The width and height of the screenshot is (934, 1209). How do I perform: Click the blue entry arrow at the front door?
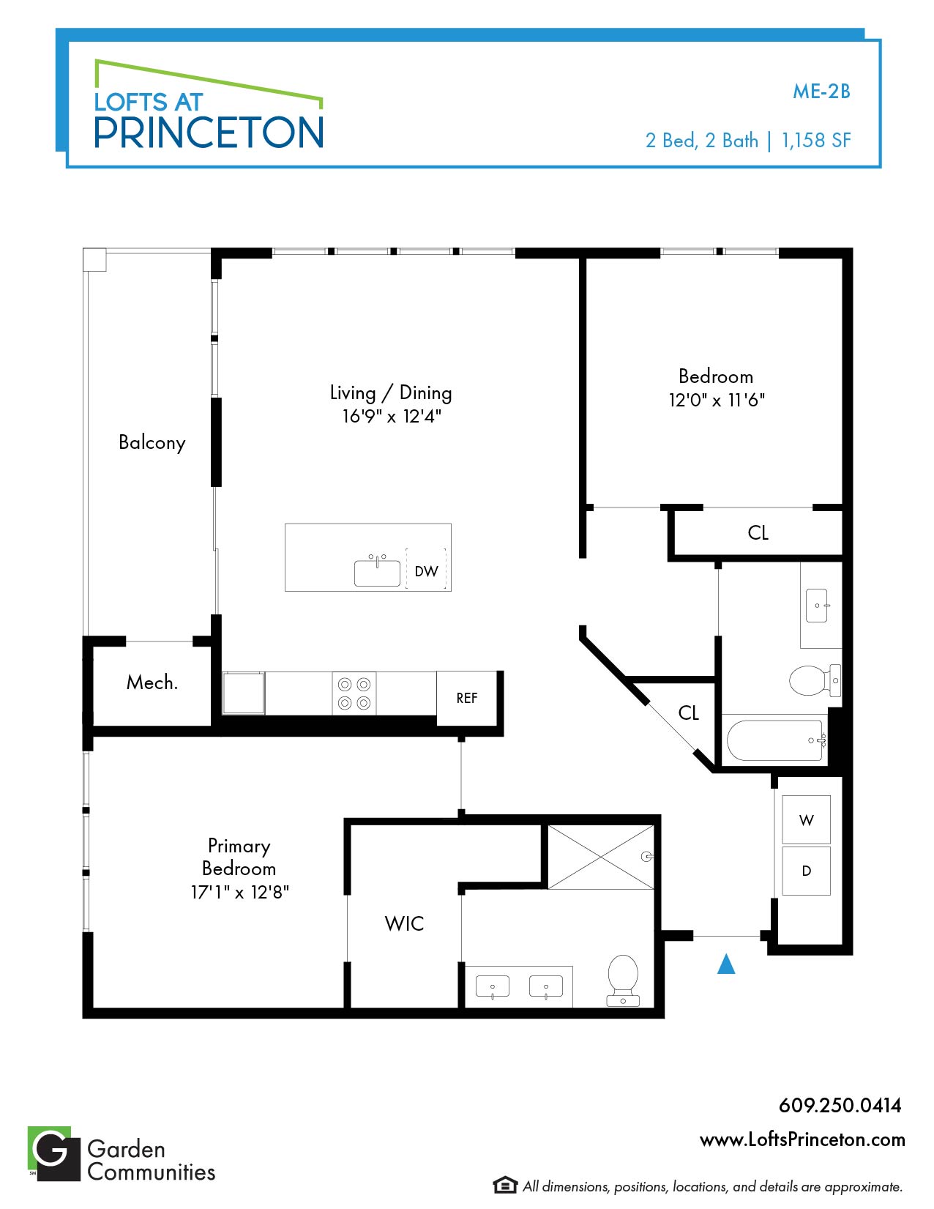coord(726,964)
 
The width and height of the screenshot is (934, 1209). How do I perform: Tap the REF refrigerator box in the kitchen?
coord(466,699)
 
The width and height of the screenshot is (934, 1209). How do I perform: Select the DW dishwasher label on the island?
coord(427,571)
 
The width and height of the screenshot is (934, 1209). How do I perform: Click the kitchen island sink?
coord(377,571)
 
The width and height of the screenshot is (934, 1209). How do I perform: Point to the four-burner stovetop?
coord(354,693)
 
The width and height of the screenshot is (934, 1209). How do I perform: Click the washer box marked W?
coord(806,819)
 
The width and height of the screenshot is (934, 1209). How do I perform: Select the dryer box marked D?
coord(806,871)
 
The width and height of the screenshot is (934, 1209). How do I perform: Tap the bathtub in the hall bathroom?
coord(776,740)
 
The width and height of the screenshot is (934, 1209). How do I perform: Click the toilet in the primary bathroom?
coord(623,981)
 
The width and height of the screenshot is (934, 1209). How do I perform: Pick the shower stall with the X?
coord(601,858)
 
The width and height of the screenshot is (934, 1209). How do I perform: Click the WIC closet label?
coord(404,923)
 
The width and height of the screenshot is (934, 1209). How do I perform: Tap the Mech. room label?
coord(152,682)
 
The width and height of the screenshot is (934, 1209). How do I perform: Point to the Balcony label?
coord(152,443)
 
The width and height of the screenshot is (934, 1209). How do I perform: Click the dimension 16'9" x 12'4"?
coord(392,416)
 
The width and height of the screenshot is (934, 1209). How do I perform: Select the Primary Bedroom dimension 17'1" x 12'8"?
coord(239,893)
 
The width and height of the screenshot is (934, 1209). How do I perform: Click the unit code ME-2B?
coord(821,92)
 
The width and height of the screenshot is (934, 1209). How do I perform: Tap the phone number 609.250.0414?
coord(840,1105)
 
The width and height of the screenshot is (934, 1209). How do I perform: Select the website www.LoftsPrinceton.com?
coord(802,1139)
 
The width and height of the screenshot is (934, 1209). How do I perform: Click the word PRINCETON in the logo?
coord(209,133)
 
